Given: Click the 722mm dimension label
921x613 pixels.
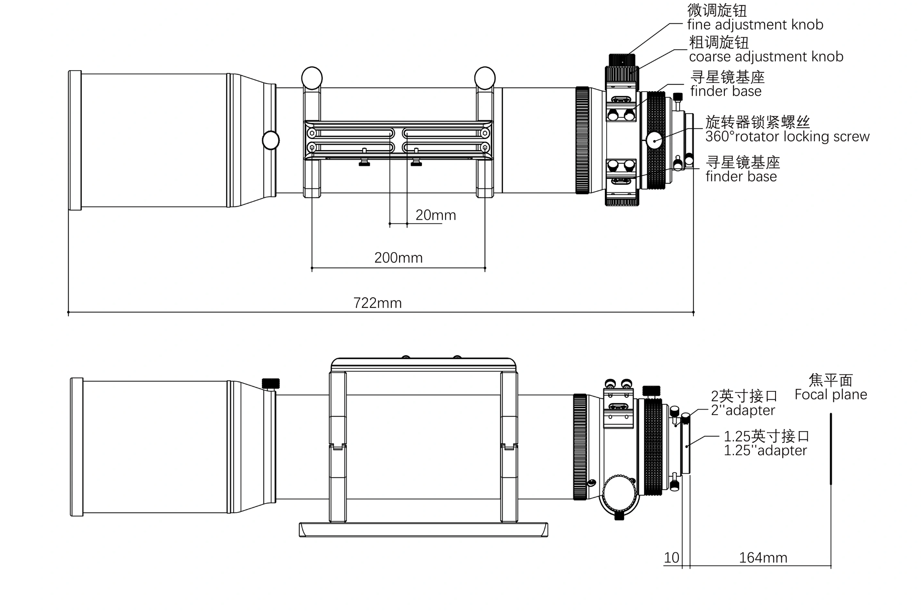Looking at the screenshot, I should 377,303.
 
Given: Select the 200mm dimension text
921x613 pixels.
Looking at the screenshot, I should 398,258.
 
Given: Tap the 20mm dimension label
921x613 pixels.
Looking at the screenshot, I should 436,215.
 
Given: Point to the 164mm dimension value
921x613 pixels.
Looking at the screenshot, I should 763,558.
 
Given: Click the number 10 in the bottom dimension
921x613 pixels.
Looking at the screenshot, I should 671,558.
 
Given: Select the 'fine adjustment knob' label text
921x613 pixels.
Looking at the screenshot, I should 755,25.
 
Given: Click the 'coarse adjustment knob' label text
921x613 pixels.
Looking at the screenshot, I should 766,57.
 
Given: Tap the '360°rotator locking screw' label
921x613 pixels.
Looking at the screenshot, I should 787,136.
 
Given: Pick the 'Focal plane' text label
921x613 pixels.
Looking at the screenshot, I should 830,395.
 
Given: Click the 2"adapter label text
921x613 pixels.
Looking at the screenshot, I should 743,410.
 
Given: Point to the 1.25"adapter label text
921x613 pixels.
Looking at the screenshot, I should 765,451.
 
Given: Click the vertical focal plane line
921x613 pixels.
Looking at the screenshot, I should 831,449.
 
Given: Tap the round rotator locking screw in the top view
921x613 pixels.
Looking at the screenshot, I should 654,140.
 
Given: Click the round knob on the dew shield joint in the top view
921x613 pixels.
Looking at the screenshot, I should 271,140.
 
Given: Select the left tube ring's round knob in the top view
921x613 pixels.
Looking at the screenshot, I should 312,78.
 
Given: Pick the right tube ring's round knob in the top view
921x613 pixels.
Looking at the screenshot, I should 484,78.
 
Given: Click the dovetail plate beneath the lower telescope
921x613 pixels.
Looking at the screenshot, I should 423,530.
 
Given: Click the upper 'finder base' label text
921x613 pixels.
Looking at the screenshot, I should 725,91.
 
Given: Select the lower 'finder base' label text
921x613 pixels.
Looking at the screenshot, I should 741,177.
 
